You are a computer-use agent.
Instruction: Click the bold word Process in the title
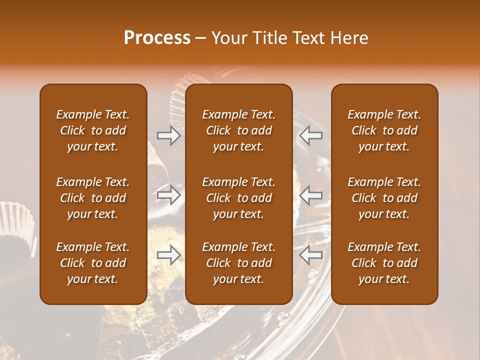157,38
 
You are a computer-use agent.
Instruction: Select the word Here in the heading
349,38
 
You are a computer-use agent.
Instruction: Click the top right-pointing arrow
168,135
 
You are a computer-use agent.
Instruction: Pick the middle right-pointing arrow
168,195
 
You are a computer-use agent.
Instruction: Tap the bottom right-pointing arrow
168,255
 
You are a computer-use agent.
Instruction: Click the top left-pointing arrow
310,135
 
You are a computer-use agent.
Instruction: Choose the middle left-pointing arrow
310,195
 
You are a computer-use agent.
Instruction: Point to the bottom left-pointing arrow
310,255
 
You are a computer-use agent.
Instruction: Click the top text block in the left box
93,130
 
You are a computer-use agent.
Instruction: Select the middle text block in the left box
93,198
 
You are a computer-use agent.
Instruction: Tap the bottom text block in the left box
93,263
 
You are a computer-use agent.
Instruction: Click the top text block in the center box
239,130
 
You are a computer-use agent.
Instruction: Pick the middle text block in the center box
239,198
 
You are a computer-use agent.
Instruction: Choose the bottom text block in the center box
239,263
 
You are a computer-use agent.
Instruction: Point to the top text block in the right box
384,130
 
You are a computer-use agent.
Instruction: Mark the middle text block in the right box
384,198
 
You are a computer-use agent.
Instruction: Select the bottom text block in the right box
384,263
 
